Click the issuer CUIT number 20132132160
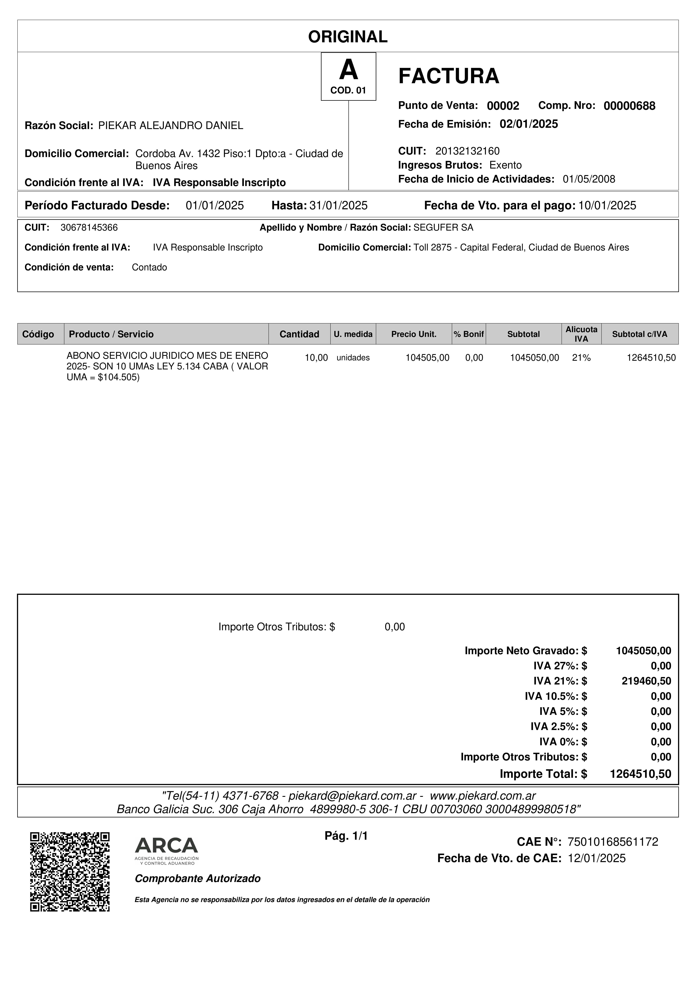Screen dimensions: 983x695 click(467, 151)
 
